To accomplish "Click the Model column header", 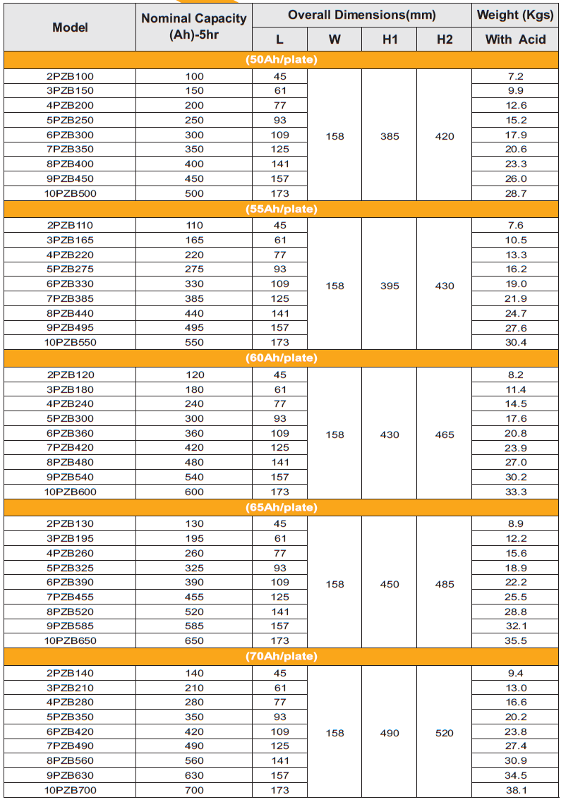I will pyautogui.click(x=70, y=28).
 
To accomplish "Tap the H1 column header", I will pyautogui.click(x=390, y=40).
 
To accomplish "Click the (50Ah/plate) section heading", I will pyautogui.click(x=282, y=60).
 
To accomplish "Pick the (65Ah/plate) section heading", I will pyautogui.click(x=282, y=507).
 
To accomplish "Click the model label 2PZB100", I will pyautogui.click(x=70, y=76).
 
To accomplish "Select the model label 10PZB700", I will pyautogui.click(x=70, y=790).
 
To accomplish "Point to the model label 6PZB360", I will pyautogui.click(x=70, y=433).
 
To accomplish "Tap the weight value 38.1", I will pyautogui.click(x=516, y=790).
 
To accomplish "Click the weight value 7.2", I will pyautogui.click(x=516, y=76).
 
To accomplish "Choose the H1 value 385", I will pyautogui.click(x=390, y=136).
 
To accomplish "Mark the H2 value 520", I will pyautogui.click(x=445, y=733).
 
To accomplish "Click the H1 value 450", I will pyautogui.click(x=390, y=584).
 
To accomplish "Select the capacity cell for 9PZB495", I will pyautogui.click(x=194, y=327).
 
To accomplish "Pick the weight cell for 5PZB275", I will pyautogui.click(x=516, y=269).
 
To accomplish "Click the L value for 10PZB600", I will pyautogui.click(x=280, y=492).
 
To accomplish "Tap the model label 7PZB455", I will pyautogui.click(x=70, y=597).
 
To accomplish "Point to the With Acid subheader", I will pyautogui.click(x=516, y=40).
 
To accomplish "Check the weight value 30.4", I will pyautogui.click(x=516, y=342).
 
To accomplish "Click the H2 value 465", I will pyautogui.click(x=445, y=435).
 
